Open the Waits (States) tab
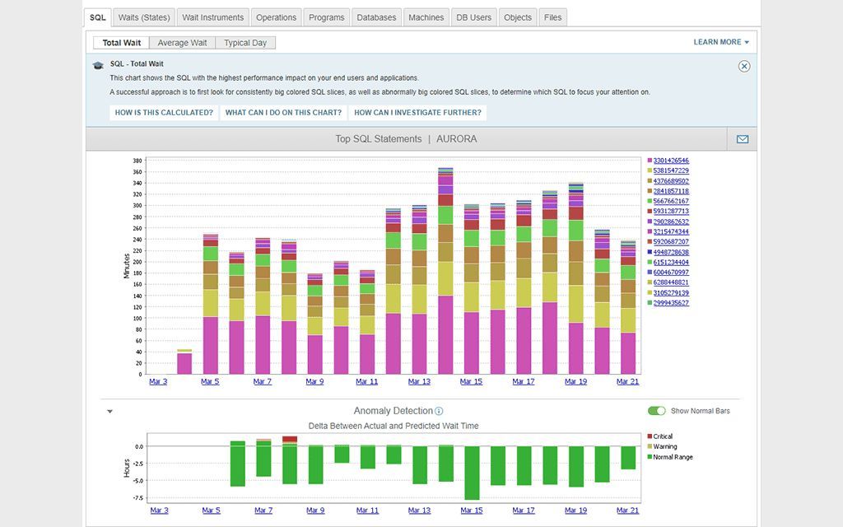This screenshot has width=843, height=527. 144,17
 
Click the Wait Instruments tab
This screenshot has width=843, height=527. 212,17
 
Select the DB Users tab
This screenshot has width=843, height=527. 473,17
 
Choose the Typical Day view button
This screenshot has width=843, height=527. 245,43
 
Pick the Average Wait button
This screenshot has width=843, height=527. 182,43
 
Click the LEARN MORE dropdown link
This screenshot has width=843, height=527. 721,42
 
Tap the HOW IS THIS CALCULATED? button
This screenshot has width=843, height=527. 164,113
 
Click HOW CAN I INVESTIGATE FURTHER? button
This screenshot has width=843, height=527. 417,113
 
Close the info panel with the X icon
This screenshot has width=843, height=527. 744,67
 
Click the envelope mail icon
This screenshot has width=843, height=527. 742,139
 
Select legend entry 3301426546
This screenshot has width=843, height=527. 671,161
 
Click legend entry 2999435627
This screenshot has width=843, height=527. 671,303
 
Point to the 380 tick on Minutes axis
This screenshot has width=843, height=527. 137,161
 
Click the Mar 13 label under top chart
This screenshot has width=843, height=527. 419,381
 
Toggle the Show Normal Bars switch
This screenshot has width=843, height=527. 656,411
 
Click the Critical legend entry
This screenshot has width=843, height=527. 663,436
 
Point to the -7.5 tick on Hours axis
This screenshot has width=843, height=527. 137,497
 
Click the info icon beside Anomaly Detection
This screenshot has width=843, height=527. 439,411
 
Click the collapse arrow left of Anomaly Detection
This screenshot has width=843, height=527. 109,411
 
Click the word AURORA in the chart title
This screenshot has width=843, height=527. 456,139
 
